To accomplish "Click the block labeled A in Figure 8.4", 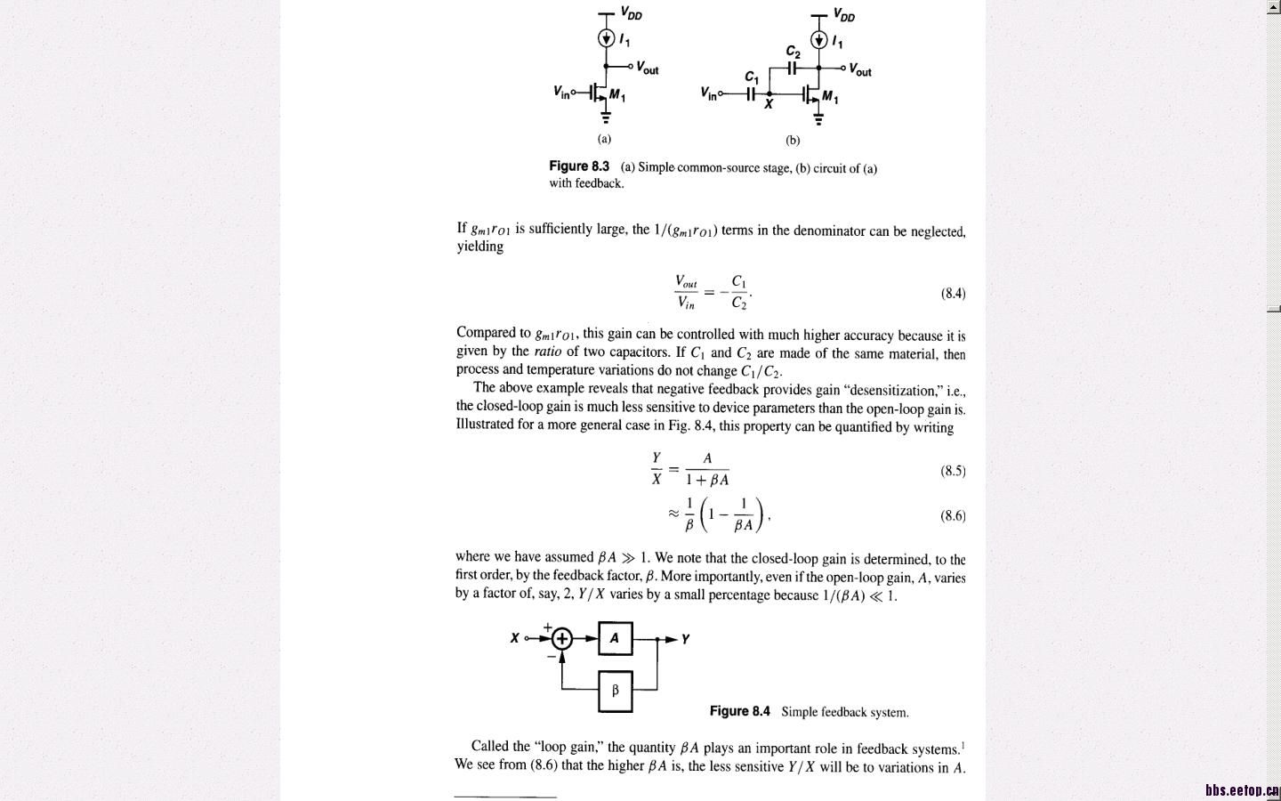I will click(615, 638).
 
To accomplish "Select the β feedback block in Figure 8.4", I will click(615, 691).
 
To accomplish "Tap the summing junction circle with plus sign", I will click(561, 638).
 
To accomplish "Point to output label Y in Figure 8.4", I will click(685, 639).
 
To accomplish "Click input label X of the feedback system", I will click(514, 638).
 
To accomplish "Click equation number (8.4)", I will click(953, 293).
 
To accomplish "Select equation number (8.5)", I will click(953, 471).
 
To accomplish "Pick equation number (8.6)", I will click(953, 515).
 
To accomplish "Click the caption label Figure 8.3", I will click(579, 166).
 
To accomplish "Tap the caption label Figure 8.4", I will click(739, 711).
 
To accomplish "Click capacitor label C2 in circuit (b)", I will click(793, 53).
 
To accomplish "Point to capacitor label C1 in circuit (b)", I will click(752, 77).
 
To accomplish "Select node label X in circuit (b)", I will click(769, 104).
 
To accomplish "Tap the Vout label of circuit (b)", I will click(860, 69).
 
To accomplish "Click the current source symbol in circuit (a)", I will click(606, 38).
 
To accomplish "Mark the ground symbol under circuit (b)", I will click(818, 119).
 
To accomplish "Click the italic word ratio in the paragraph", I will click(547, 352).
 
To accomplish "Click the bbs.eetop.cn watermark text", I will click(1242, 790).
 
